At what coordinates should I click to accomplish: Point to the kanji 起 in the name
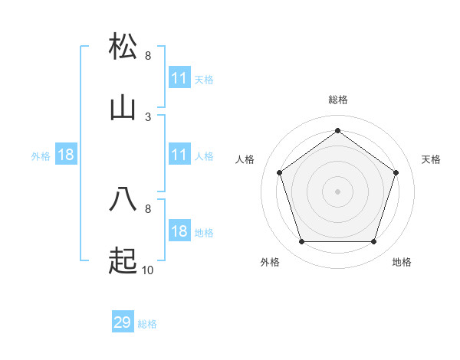point(123,261)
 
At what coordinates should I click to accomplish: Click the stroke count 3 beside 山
point(148,116)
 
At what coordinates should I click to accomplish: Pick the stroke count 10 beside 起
point(148,270)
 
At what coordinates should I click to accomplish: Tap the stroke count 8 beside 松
point(148,56)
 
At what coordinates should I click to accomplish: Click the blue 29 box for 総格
point(123,322)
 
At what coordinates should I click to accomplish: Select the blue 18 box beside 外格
point(66,155)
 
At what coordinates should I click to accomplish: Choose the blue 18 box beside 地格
point(179,231)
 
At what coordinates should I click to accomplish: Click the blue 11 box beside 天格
point(179,78)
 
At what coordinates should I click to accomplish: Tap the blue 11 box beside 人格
point(179,155)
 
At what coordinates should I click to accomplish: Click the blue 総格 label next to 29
point(147,324)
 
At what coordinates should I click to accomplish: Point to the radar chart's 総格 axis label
point(337,100)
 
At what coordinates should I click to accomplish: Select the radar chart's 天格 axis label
point(431,159)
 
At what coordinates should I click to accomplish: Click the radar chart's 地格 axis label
point(402,262)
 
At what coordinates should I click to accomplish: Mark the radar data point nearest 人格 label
point(280,172)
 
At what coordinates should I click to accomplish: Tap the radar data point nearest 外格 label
point(301,242)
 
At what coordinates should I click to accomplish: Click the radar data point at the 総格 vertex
point(337,130)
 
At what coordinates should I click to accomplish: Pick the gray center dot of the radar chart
point(337,191)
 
